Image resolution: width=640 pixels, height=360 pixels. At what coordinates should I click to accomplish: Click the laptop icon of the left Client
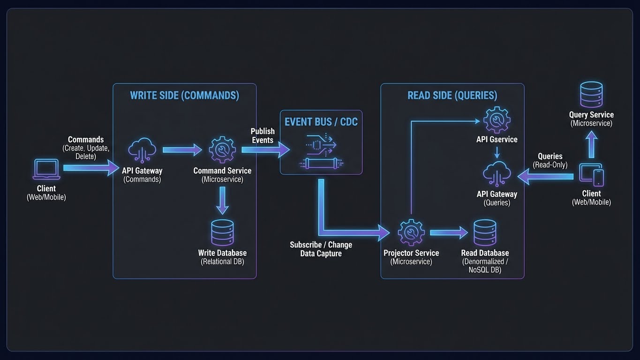pyautogui.click(x=46, y=170)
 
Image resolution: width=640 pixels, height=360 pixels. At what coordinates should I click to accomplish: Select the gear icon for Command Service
pyautogui.click(x=222, y=150)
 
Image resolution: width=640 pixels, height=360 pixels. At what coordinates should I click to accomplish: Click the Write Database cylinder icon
pyautogui.click(x=222, y=232)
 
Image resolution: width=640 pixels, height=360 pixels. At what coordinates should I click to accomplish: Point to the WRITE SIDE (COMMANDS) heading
pyautogui.click(x=184, y=95)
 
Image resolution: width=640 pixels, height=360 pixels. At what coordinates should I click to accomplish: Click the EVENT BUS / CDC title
pyautogui.click(x=321, y=122)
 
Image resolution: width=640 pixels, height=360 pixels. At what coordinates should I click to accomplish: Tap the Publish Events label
pyautogui.click(x=263, y=135)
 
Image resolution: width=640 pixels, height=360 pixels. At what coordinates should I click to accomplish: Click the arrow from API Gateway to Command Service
pyautogui.click(x=182, y=150)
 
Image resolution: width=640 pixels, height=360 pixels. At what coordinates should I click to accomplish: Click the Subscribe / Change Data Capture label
pyautogui.click(x=321, y=249)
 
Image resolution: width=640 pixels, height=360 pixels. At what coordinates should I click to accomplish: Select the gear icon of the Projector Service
pyautogui.click(x=411, y=232)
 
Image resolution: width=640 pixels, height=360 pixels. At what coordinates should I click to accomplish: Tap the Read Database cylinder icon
pyautogui.click(x=485, y=232)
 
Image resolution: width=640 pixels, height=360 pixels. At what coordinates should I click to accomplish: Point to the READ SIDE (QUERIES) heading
pyautogui.click(x=452, y=95)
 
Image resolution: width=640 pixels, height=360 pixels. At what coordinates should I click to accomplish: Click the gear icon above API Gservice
pyautogui.click(x=497, y=120)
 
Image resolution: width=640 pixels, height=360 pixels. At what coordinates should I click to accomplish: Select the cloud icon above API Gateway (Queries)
pyautogui.click(x=497, y=174)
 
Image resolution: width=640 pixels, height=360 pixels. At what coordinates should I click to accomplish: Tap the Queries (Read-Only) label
pyautogui.click(x=550, y=160)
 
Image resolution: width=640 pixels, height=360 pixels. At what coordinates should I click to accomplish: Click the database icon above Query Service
pyautogui.click(x=591, y=95)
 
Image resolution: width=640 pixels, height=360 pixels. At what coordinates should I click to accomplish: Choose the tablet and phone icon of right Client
pyautogui.click(x=591, y=174)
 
